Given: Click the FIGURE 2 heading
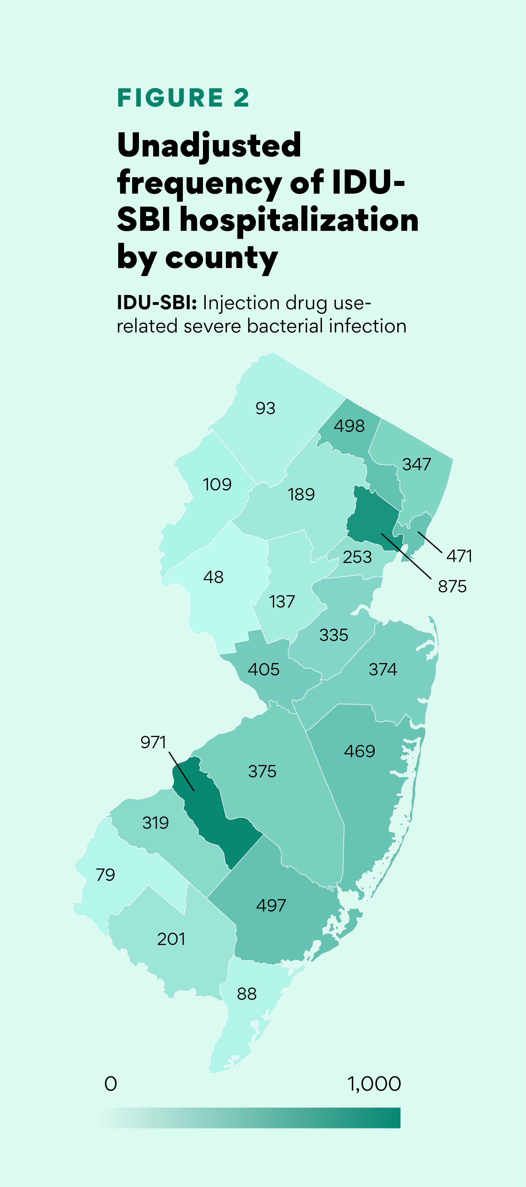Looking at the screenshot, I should coord(183,98).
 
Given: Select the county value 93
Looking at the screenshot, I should coord(265,408).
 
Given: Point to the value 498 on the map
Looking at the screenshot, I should coord(349,426).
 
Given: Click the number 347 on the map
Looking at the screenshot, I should coord(416,464).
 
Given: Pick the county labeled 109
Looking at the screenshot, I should coord(217,484).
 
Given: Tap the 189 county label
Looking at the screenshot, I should coord(301,495).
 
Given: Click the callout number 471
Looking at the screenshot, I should coord(459,556).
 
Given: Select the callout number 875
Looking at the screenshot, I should coord(452,587).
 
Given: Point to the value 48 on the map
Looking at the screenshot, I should coord(213,577).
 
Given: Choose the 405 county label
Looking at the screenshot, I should coord(264,670).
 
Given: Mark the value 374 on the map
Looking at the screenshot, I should coord(383,670).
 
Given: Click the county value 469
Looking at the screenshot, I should coord(360,751).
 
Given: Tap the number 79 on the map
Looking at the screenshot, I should coord(106,875).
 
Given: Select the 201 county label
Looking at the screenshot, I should coord(171,939).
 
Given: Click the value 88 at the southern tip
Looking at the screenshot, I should coord(247,994).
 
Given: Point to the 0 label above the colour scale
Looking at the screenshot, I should coord(111,1084).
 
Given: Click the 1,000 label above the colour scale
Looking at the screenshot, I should coord(374,1084).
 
